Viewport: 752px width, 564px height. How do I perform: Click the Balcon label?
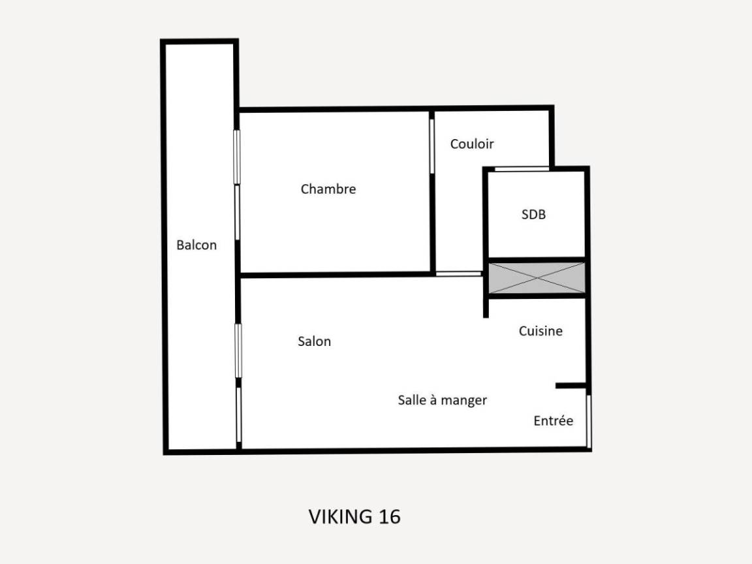(196, 245)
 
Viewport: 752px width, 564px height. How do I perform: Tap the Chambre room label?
(328, 189)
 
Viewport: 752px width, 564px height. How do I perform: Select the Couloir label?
(472, 144)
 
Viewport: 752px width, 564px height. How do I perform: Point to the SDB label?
(533, 214)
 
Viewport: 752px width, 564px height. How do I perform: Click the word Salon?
(314, 341)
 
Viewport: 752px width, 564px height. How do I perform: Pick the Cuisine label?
(540, 331)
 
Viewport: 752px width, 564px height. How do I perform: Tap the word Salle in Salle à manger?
(412, 400)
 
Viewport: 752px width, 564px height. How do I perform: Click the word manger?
(463, 401)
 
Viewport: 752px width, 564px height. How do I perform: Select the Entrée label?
(554, 420)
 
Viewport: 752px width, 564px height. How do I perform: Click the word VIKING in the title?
(341, 517)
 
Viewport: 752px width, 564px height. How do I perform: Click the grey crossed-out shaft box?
(537, 277)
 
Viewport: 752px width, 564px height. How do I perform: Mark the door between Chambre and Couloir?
(431, 146)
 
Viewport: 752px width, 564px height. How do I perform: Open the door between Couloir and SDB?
(522, 168)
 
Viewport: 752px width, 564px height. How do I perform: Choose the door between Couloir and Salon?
(458, 274)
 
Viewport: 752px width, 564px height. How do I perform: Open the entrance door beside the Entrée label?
(589, 422)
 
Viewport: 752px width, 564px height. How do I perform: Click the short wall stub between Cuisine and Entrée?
(571, 386)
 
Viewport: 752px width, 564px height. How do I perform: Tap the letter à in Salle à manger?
(433, 400)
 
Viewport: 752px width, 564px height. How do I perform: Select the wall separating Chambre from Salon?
(336, 275)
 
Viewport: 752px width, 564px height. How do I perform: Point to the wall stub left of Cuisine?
(486, 307)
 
